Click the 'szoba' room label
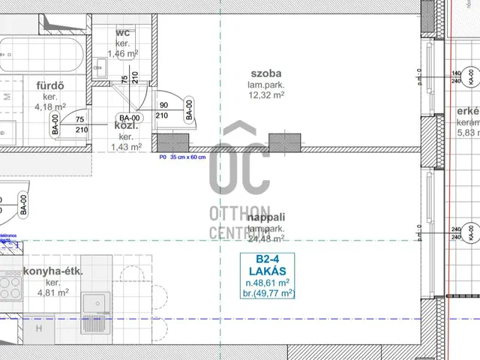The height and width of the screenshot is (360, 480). coord(265,74)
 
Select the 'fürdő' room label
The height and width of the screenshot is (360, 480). coord(49,85)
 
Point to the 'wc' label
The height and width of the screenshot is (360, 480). coord(123,33)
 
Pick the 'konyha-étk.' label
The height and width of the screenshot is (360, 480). coord(52,271)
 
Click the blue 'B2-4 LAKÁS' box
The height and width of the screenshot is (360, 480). coord(266,276)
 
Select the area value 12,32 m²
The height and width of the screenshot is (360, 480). coord(266,95)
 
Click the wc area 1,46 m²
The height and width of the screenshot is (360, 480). coord(123,53)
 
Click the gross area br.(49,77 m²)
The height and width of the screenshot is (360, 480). coord(267,293)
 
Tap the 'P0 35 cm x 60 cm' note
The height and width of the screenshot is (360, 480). coord(182,158)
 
